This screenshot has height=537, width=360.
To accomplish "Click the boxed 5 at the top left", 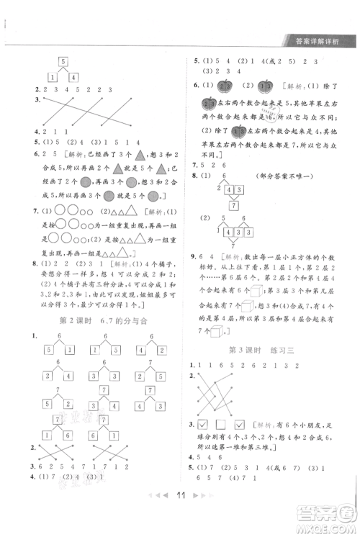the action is point(63,61).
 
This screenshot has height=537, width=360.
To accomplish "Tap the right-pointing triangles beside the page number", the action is point(204,517).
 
